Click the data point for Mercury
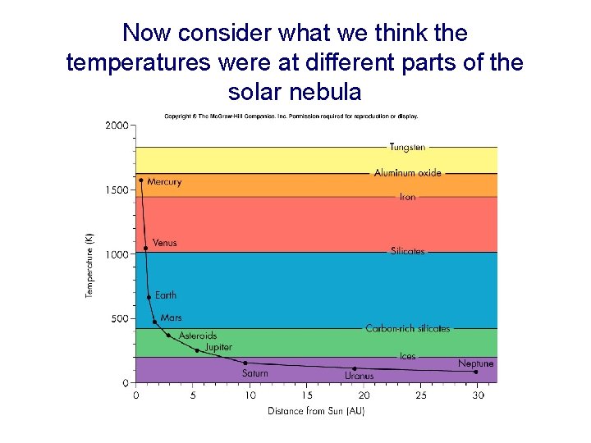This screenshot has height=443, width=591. coord(141,180)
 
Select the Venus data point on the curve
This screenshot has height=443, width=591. coord(146,248)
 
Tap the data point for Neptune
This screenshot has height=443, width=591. coord(476,372)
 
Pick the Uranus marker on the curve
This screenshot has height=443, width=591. coord(355,368)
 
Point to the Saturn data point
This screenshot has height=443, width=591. coord(245,363)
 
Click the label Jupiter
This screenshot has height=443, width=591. coord(218,348)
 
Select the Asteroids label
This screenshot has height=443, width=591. coord(198,336)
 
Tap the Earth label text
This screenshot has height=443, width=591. coord(166,295)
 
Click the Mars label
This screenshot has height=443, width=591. coord(172,317)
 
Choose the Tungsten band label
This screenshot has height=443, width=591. coord(407,148)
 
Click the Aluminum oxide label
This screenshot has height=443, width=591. coord(408,173)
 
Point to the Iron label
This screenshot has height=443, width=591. coord(408,197)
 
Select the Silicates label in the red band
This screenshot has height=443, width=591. coord(408,251)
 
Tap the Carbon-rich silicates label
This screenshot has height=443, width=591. coord(408,328)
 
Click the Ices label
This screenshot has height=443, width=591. coord(408,357)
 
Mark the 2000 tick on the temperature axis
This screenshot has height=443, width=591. coord(117,126)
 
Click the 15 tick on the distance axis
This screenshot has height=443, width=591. coord(307,395)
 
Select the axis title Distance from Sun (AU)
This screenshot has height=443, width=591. coord(316,411)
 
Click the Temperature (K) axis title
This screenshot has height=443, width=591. coord(89,263)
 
